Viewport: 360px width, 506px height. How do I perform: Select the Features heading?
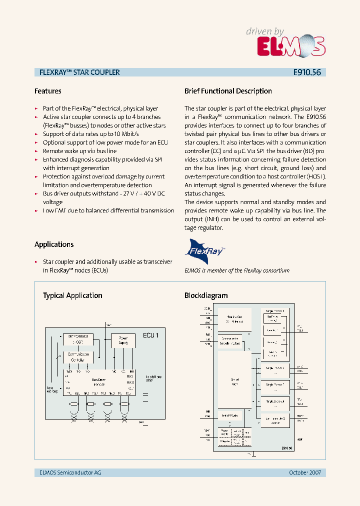[48, 91]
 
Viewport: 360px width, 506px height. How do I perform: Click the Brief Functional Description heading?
[228, 91]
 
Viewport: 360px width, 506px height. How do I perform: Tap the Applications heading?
[54, 244]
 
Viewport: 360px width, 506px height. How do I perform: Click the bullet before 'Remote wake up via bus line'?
[36, 151]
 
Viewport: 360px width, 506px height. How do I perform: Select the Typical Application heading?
[72, 295]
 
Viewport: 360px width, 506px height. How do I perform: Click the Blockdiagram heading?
[206, 295]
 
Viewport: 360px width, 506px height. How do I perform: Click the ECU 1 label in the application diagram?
[150, 335]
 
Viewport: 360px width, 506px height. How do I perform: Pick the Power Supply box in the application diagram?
[123, 340]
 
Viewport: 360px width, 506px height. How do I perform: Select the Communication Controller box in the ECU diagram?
[77, 357]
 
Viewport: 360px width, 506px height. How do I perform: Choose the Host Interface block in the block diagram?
[234, 319]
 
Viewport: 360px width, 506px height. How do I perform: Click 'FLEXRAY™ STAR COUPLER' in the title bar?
[79, 72]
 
